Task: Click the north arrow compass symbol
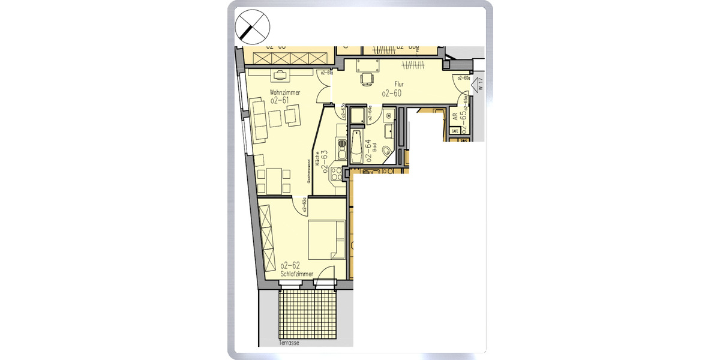pyautogui.click(x=253, y=27)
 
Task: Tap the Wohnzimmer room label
pyautogui.click(x=284, y=92)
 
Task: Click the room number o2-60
pyautogui.click(x=391, y=93)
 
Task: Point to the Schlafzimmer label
pyautogui.click(x=297, y=274)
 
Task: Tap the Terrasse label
pyautogui.click(x=289, y=344)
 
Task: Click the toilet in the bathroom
pyautogui.click(x=386, y=150)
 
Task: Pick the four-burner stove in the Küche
pyautogui.click(x=337, y=174)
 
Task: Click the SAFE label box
pyautogui.click(x=455, y=130)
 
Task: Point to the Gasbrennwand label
pyautogui.click(x=308, y=172)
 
